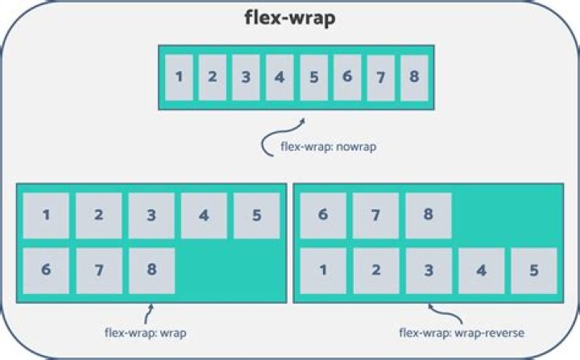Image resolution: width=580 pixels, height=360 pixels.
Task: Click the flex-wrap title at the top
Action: point(290,19)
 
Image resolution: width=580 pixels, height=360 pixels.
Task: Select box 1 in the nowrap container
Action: point(178,77)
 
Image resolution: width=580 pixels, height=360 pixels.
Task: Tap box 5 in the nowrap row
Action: point(313,77)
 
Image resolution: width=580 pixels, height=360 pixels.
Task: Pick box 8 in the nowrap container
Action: point(414,77)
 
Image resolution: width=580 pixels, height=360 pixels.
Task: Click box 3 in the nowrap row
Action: point(246,77)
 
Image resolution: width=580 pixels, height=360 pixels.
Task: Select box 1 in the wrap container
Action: point(46,216)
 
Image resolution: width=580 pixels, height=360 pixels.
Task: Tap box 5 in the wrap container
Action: point(256,216)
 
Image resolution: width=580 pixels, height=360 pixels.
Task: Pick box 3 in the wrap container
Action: point(151,216)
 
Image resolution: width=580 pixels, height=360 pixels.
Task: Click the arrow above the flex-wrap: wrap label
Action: point(147,312)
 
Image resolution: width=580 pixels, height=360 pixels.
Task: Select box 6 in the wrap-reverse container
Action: point(323,216)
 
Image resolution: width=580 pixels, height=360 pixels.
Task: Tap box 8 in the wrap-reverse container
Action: point(429,216)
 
